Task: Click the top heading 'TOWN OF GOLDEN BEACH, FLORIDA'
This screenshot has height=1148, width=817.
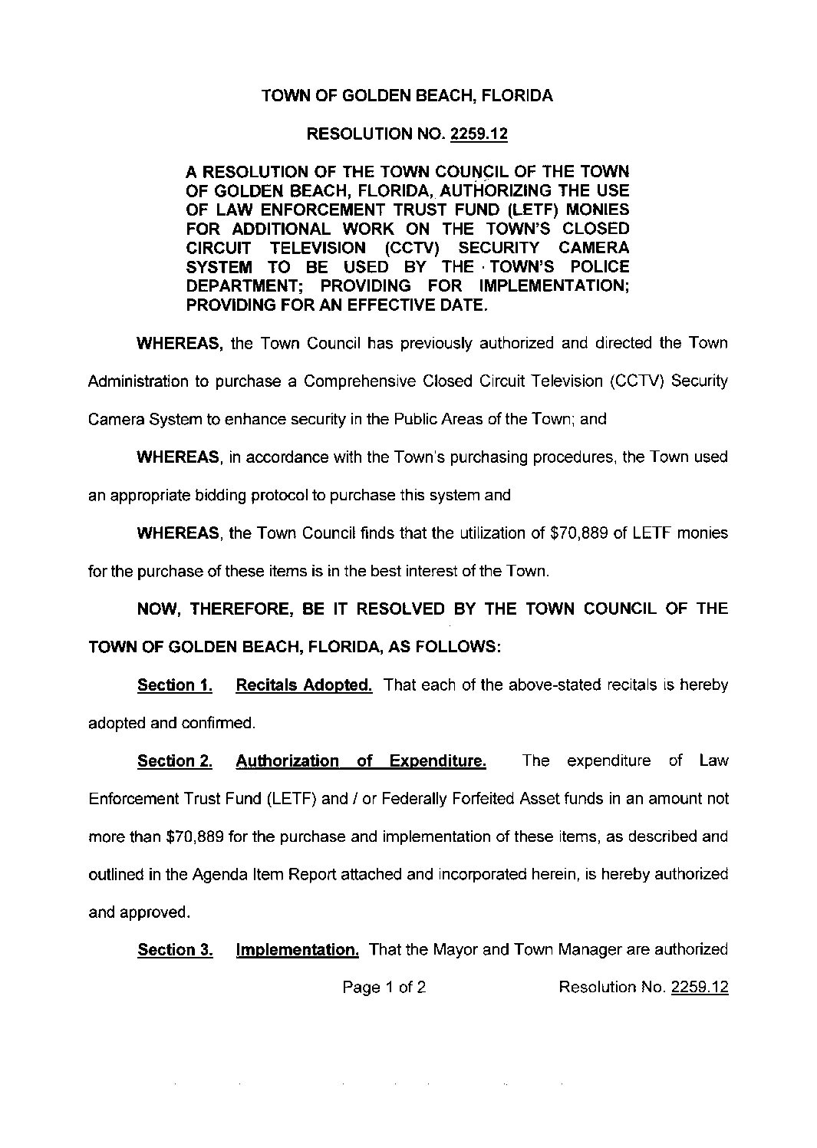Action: pyautogui.click(x=407, y=96)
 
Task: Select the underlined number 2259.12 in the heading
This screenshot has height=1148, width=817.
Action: pyautogui.click(x=479, y=134)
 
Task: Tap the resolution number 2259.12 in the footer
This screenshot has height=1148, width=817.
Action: pyautogui.click(x=699, y=988)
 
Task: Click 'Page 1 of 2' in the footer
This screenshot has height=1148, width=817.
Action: pyautogui.click(x=384, y=988)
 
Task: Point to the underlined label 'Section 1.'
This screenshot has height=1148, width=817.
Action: pyautogui.click(x=174, y=685)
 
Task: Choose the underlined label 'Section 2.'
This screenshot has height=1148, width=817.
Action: pyautogui.click(x=174, y=761)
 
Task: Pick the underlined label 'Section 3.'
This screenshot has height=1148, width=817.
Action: pyautogui.click(x=174, y=950)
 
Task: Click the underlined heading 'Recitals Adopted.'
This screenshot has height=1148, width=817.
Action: pyautogui.click(x=304, y=685)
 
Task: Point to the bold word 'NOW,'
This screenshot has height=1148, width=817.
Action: pyautogui.click(x=159, y=609)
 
